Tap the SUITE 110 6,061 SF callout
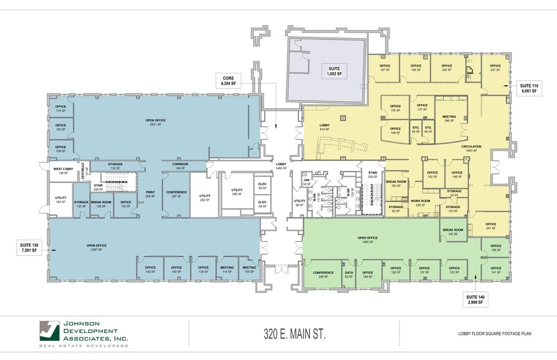pos(529,88)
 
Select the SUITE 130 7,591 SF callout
pos(30,247)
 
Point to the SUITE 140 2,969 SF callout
pos(477,299)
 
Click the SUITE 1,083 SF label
pos(334,70)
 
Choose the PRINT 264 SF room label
pos(150,195)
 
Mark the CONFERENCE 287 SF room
pos(175,194)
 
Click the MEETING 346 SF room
pos(449,118)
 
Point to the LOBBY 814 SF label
pos(325,127)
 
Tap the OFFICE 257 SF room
pos(495,68)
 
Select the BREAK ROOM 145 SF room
pos(454,233)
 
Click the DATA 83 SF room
pos(349,275)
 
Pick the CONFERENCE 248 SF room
pos(323,275)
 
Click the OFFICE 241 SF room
pos(490,226)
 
